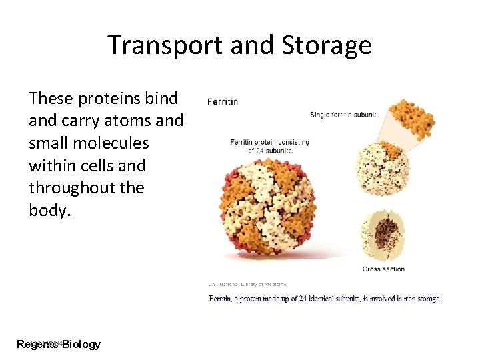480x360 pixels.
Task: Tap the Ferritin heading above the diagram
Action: point(223,102)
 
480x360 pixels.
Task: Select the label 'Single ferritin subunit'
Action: point(343,115)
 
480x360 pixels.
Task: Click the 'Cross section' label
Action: point(383,269)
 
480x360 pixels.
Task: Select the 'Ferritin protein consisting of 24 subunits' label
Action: point(269,147)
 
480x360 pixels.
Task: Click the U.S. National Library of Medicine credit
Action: point(247,284)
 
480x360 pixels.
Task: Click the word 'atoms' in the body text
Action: point(127,121)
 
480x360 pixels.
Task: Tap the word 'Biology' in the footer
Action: point(81,344)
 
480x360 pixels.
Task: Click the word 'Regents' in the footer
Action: point(37,344)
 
